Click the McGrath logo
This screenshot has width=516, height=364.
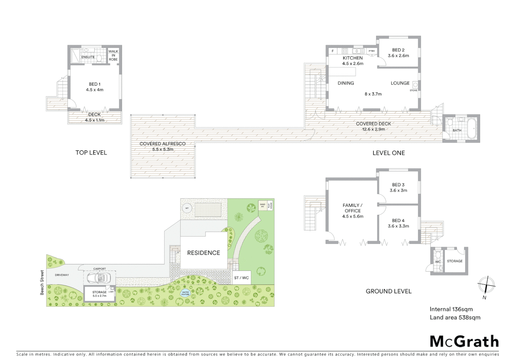click(464, 341)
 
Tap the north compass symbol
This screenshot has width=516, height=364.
click(486, 285)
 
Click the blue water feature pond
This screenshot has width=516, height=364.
click(185, 293)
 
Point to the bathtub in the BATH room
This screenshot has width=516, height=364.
click(471, 128)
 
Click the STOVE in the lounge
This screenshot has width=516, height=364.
click(415, 85)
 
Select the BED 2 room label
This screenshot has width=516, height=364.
click(398, 50)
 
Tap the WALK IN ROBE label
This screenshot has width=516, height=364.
click(113, 56)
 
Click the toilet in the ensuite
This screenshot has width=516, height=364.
click(99, 58)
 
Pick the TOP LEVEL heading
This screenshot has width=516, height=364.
click(91, 153)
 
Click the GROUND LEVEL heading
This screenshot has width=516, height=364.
click(388, 291)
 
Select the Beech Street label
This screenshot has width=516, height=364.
click(42, 282)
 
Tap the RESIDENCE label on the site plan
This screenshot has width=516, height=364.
click(203, 253)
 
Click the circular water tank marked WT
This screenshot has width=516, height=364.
click(186, 208)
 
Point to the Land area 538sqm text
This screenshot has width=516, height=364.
click(455, 317)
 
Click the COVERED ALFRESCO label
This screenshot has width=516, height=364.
click(162, 144)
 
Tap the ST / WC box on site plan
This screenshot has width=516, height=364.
click(241, 278)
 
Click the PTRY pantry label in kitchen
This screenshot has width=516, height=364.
click(371, 51)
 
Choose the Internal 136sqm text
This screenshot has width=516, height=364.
click(451, 309)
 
